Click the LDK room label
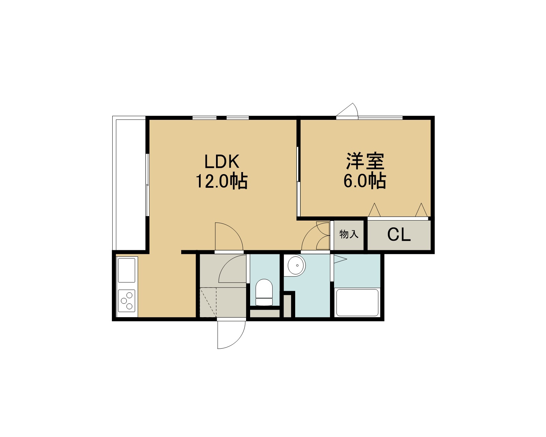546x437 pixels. coord(222,161)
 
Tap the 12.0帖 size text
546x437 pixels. coord(221,181)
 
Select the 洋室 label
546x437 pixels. coord(365,161)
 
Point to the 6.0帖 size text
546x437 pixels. coord(365,181)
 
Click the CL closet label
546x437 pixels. coord(399,235)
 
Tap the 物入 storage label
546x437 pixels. coord(349,234)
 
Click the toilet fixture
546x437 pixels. coord(264,292)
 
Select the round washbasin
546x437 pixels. coord(296,265)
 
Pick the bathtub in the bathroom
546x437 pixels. coord(357,303)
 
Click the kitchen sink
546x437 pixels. coord(127,270)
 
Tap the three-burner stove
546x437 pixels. coord(127,301)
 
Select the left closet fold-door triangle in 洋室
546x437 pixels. coord(374,210)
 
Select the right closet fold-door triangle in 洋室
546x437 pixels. coord(421,210)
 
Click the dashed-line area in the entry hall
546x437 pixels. coord(208,302)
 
